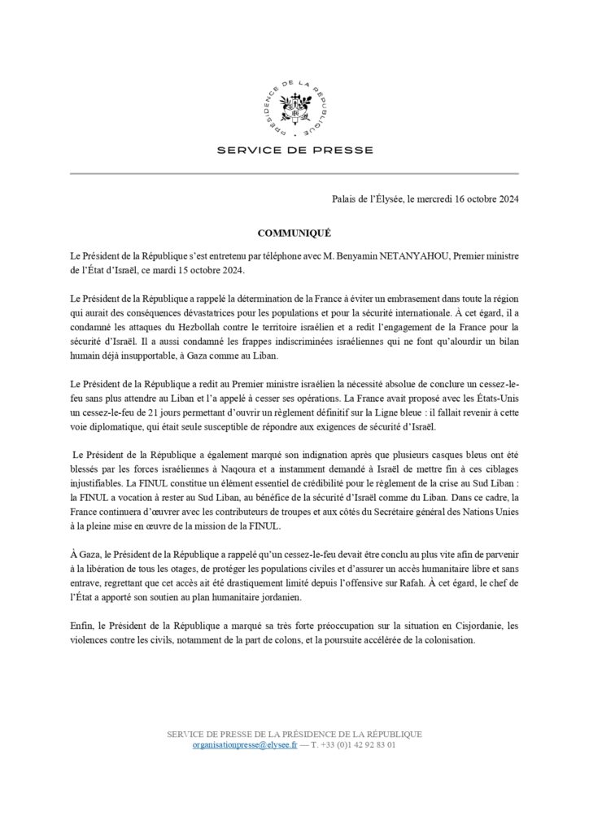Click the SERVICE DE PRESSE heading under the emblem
(x=294, y=150)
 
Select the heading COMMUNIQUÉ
(x=294, y=232)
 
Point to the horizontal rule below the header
(x=294, y=173)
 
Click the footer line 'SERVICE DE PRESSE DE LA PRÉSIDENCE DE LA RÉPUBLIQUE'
(x=294, y=734)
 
